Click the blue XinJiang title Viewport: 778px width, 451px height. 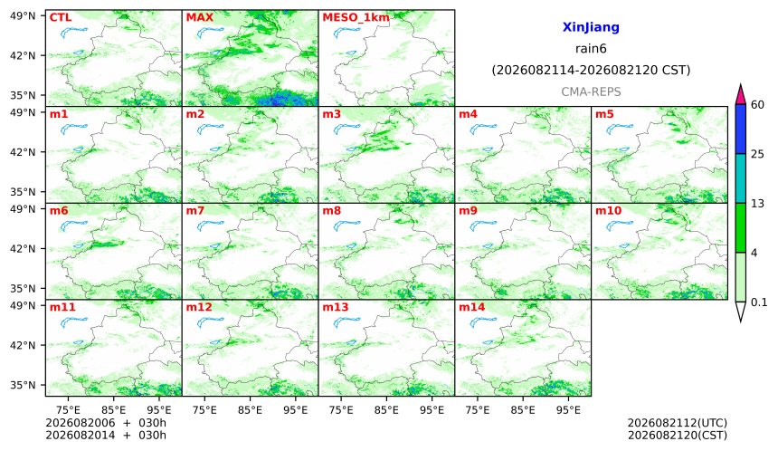pos(591,27)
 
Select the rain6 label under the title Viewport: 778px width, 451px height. pos(591,49)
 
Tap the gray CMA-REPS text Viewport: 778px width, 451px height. pos(591,91)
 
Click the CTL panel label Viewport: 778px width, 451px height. pos(61,17)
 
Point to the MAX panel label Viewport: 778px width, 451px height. pos(199,17)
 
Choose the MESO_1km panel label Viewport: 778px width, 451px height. pos(356,18)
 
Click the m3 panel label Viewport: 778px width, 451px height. pos(331,114)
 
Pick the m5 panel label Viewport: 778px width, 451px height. pos(604,114)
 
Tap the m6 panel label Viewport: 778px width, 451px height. pos(59,211)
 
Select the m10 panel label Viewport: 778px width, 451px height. pos(608,211)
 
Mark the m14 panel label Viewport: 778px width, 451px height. pos(471,307)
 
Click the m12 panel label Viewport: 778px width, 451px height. pos(199,307)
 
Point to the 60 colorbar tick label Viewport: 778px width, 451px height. pos(757,105)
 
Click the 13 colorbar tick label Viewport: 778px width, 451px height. pos(757,204)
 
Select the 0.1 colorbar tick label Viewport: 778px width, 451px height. pos(759,302)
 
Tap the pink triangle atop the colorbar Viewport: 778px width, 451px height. pos(740,95)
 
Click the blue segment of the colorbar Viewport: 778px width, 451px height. pos(740,130)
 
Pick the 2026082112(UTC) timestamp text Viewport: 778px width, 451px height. pos(678,423)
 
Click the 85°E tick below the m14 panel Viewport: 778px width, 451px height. pos(523,410)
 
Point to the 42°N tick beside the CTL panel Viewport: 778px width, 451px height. pos(23,55)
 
